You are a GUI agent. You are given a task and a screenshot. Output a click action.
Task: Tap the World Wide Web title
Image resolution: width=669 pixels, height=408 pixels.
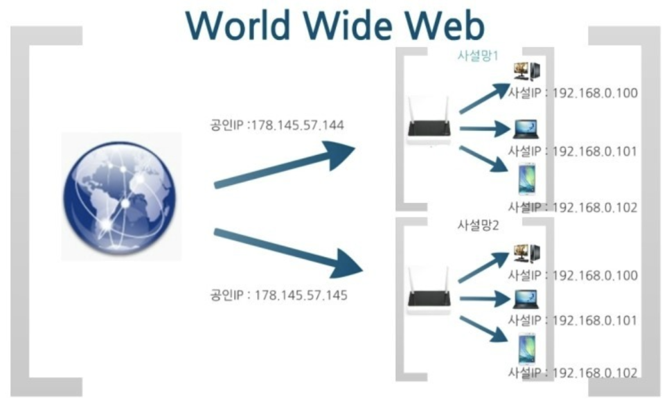point(334,26)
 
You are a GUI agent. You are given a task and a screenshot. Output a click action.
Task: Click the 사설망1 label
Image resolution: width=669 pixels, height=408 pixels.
point(478,56)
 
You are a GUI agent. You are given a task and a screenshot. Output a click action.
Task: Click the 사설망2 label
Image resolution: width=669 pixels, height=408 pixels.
point(479,225)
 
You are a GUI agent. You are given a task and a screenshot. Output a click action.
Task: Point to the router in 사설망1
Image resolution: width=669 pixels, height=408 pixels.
point(429,123)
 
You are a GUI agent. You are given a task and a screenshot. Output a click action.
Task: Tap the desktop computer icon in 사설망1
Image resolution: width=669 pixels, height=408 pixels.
point(526,72)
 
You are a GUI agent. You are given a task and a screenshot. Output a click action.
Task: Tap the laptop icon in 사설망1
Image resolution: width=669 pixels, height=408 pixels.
point(526,129)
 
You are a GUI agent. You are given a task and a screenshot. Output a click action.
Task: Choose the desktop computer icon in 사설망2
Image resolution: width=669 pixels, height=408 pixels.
point(526,254)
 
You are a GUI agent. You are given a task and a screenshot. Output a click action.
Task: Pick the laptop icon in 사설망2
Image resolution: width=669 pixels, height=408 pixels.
point(526,299)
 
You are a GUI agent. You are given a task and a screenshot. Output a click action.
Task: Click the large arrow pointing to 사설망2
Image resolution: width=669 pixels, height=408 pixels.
point(287,250)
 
